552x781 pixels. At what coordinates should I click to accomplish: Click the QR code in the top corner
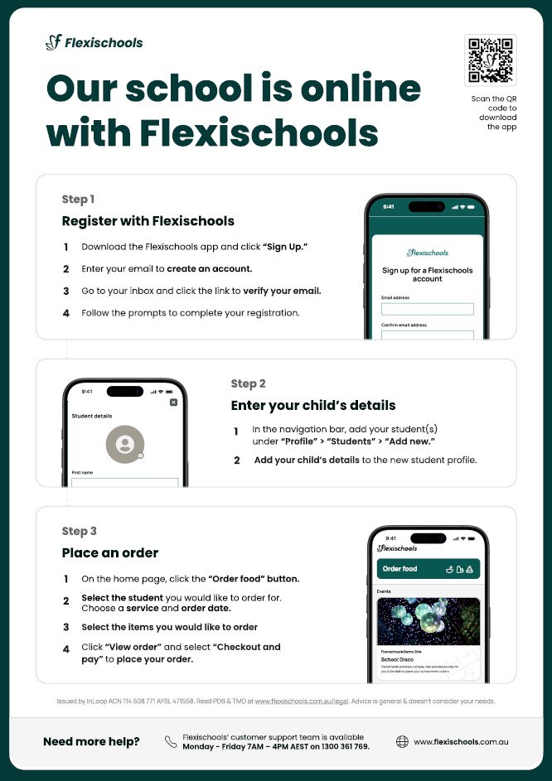tap(491, 60)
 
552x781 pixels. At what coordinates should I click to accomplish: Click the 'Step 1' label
tap(78, 200)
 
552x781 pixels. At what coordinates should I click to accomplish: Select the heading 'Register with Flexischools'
tap(148, 221)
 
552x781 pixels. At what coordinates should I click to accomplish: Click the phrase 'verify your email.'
tap(282, 292)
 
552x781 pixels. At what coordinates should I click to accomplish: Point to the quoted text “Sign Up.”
tap(285, 248)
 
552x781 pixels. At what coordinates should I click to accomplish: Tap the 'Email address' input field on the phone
tap(427, 309)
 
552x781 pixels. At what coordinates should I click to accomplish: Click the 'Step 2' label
tap(248, 383)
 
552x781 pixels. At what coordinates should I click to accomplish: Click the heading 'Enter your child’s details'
tap(312, 406)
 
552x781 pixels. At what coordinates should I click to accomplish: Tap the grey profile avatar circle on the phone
tap(125, 445)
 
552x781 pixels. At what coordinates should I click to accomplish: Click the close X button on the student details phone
tap(173, 402)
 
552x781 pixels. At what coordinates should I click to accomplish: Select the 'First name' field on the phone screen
tap(125, 483)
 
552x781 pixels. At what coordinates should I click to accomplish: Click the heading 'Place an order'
tap(109, 552)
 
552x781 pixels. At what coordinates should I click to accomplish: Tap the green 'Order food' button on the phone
tap(428, 569)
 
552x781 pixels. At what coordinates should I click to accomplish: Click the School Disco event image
tap(428, 621)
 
